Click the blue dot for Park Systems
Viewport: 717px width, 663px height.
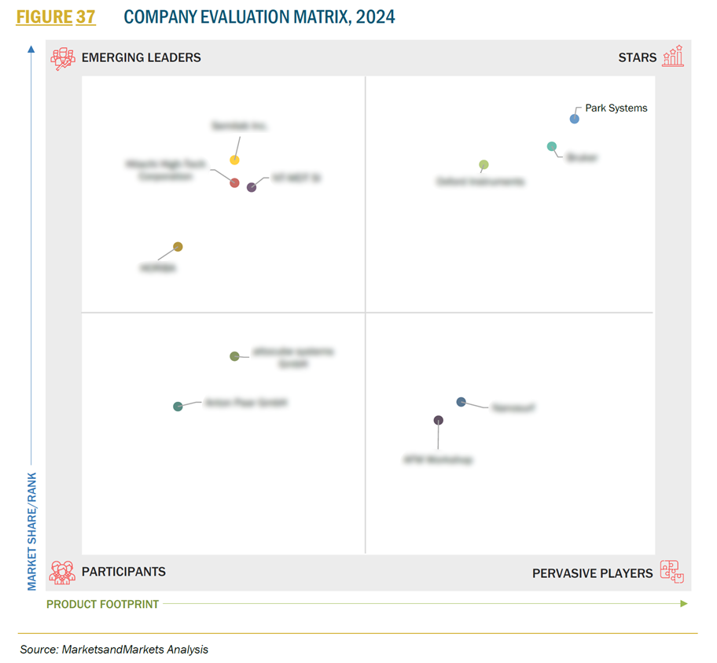click(x=574, y=119)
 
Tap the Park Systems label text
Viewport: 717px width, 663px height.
click(x=616, y=109)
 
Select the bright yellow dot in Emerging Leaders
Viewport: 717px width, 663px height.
click(x=234, y=160)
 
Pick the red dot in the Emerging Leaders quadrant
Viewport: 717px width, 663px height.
click(x=234, y=182)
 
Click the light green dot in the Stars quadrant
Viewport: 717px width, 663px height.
click(x=484, y=164)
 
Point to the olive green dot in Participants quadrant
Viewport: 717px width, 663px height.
click(x=234, y=356)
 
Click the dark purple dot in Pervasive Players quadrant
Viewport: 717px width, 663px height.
click(x=439, y=420)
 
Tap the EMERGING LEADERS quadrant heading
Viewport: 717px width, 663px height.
click(x=141, y=57)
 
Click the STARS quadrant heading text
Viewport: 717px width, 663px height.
click(x=637, y=57)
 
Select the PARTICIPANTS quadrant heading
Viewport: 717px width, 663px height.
click(x=123, y=572)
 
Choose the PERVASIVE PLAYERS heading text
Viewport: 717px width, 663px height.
click(x=592, y=573)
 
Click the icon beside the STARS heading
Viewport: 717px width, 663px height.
click(x=673, y=57)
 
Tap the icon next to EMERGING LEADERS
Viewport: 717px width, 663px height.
click(x=62, y=58)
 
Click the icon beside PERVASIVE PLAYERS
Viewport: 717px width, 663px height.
click(x=671, y=572)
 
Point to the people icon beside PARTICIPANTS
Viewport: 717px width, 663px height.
click(x=62, y=572)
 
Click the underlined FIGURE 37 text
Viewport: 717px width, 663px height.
click(x=56, y=17)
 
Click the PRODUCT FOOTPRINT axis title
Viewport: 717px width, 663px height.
click(x=102, y=604)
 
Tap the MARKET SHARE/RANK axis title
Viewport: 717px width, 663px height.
click(x=32, y=531)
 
